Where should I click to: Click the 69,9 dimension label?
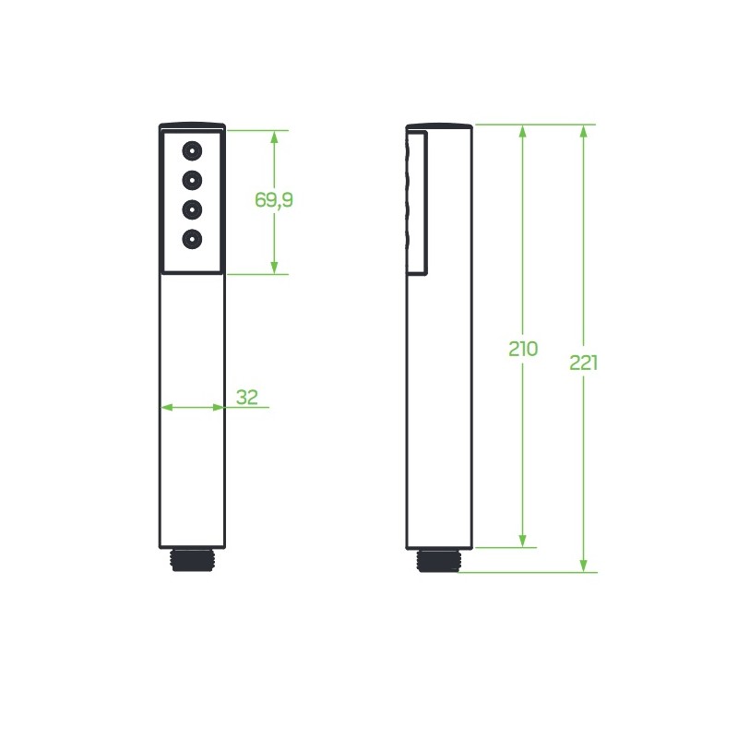(273, 199)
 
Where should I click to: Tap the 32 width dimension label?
(247, 398)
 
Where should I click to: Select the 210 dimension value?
(522, 349)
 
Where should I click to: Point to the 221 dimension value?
(583, 363)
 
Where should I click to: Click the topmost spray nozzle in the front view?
(192, 151)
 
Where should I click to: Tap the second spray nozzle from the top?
(192, 180)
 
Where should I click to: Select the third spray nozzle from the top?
(192, 209)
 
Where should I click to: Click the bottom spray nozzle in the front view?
(192, 239)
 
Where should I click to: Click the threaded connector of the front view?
(192, 560)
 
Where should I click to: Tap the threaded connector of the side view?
(439, 560)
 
